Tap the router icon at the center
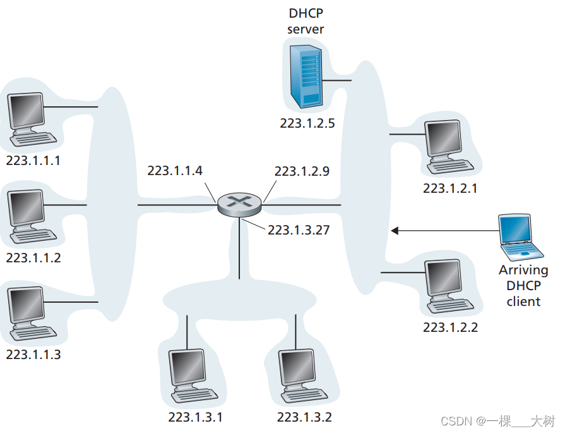(239, 204)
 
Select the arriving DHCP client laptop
(520, 238)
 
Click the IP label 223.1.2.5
(307, 123)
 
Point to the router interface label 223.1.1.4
(175, 171)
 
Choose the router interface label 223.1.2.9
(302, 171)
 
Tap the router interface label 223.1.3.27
(299, 230)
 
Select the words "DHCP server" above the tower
(306, 21)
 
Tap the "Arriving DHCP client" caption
(523, 286)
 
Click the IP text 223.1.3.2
(304, 417)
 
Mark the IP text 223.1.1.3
(33, 355)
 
